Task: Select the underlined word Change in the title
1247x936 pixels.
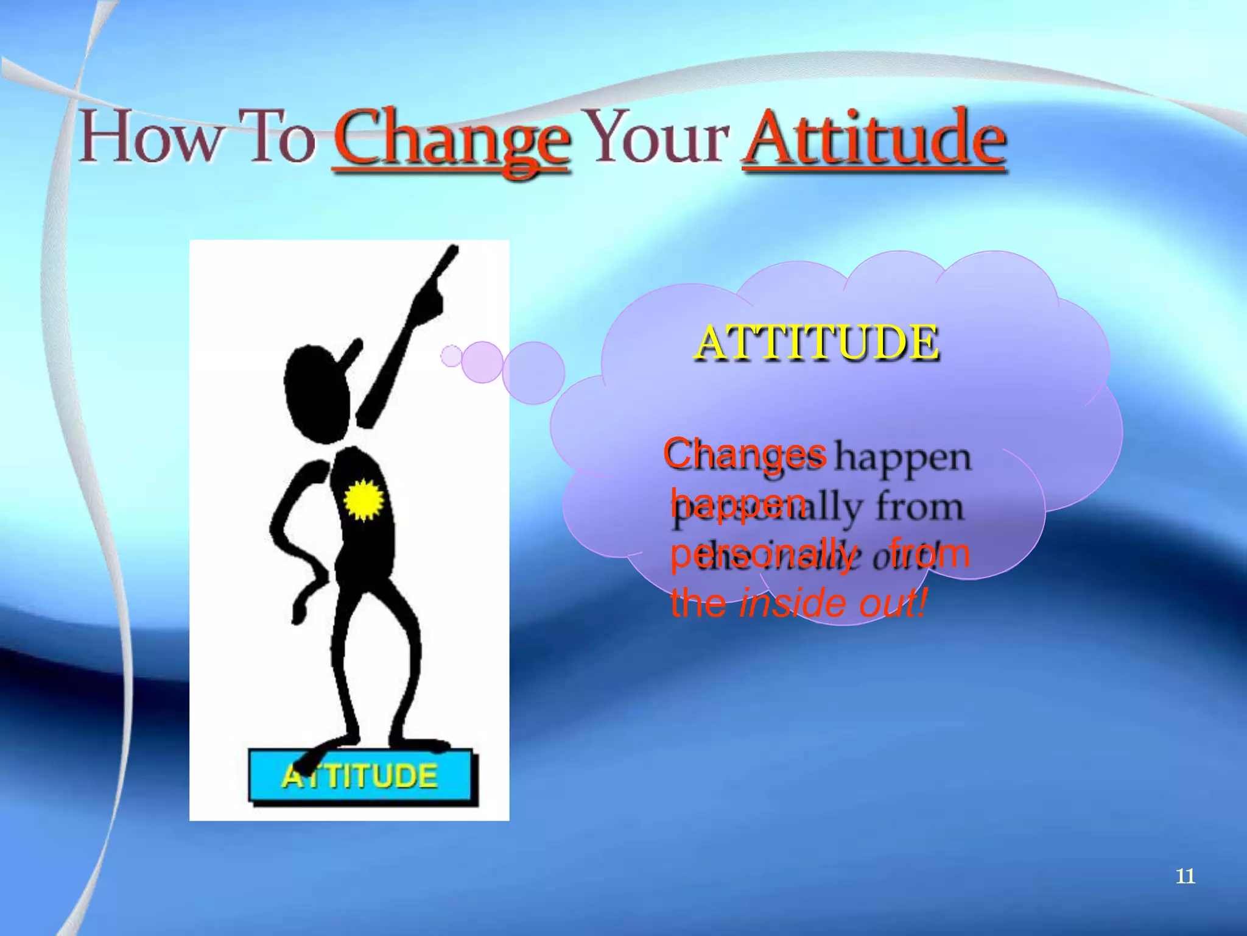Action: (x=451, y=140)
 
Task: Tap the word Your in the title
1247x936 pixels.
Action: (x=660, y=137)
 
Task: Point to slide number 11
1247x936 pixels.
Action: (x=1185, y=876)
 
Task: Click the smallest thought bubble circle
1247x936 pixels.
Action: (x=451, y=356)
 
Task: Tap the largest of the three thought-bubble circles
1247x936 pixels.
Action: (x=533, y=372)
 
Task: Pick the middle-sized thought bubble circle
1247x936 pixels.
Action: (x=482, y=362)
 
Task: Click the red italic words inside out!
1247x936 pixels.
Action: (x=832, y=603)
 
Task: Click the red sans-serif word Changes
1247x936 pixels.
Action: (x=744, y=453)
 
